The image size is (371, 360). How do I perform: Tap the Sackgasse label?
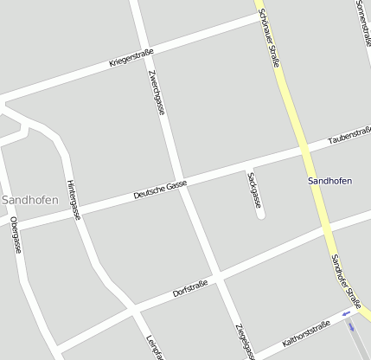tap(253, 190)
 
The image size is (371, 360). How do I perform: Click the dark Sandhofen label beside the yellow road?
tap(329, 182)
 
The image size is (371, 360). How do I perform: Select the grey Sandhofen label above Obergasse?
tap(30, 200)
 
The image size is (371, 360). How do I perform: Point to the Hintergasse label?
tap(73, 200)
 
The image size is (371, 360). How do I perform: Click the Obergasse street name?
tap(16, 235)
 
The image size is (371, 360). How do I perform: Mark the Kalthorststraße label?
tap(306, 334)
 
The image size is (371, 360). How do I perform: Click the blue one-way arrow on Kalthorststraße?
tap(347, 313)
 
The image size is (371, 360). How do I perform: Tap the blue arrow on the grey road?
tap(351, 326)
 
